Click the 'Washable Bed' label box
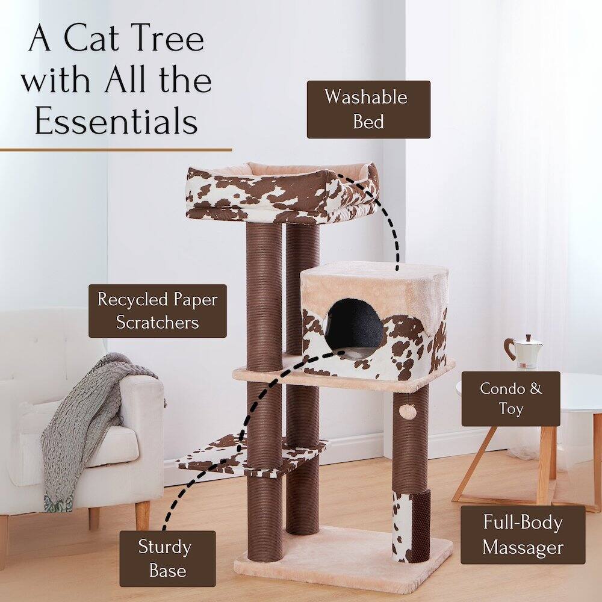[x=368, y=110]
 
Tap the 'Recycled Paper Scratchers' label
[x=158, y=311]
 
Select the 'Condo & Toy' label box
[x=510, y=399]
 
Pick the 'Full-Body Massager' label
[x=523, y=535]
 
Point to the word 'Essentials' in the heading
[x=116, y=120]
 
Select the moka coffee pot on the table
[x=523, y=352]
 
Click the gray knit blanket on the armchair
[x=90, y=415]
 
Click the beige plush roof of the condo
[x=373, y=278]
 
